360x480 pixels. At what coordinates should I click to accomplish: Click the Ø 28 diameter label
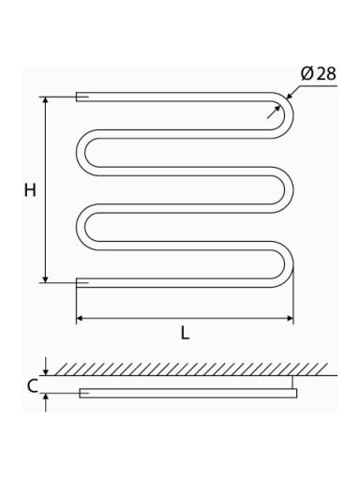(318, 74)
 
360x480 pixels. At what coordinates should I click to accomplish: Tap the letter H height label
(30, 190)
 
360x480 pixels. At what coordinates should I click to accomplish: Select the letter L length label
(185, 333)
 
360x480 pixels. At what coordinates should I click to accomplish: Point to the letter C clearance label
(32, 386)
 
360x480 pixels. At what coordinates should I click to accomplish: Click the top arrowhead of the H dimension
(46, 100)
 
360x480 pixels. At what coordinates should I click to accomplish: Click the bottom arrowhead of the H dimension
(46, 278)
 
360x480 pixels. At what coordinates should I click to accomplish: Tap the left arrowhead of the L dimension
(80, 319)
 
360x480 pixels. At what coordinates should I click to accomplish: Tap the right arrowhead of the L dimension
(290, 319)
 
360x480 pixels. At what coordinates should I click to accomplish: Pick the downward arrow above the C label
(46, 367)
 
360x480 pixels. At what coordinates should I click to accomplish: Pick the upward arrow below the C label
(46, 402)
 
